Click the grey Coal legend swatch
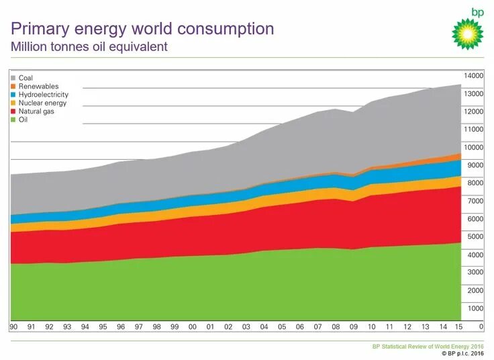[x=13, y=78]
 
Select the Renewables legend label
[x=39, y=87]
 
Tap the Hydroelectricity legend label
[x=44, y=95]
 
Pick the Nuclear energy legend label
[x=42, y=103]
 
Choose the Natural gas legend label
[x=36, y=111]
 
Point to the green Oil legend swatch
[x=13, y=120]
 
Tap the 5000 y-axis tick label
[x=475, y=237]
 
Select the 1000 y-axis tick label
[x=475, y=308]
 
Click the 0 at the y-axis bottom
[x=481, y=326]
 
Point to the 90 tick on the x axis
[x=13, y=327]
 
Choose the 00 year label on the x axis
[x=192, y=327]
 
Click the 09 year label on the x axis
[x=354, y=327]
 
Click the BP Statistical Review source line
[x=428, y=346]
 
